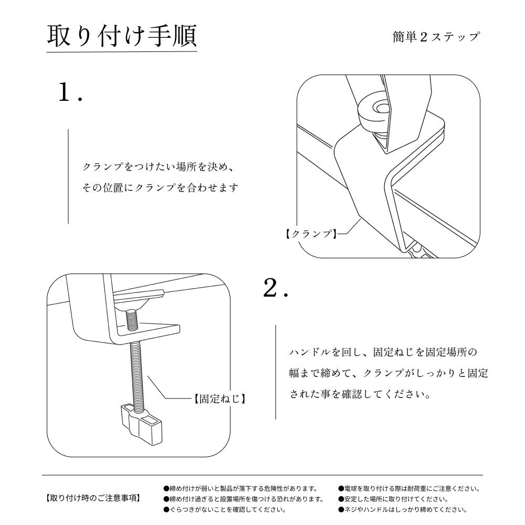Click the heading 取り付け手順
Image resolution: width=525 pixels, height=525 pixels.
[122, 36]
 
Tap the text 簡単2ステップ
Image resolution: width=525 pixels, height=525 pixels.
[436, 37]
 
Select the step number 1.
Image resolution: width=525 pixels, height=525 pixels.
[70, 93]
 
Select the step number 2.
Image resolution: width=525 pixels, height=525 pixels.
[275, 288]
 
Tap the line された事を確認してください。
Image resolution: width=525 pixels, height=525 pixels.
[361, 394]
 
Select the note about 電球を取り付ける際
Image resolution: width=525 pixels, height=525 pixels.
[409, 488]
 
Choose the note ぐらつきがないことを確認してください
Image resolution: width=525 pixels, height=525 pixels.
[225, 509]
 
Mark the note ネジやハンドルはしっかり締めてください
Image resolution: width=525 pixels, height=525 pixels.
[403, 509]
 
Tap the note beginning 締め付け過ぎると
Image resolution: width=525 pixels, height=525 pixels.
[243, 499]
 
